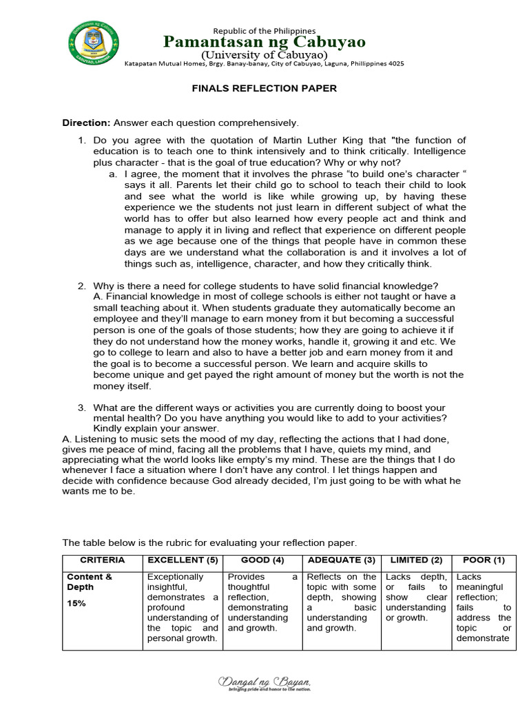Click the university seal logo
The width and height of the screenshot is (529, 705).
tap(93, 43)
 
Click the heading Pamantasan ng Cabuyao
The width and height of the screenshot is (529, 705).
tap(264, 42)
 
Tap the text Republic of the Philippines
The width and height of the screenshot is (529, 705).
tap(264, 30)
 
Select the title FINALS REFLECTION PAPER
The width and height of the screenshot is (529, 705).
tap(264, 89)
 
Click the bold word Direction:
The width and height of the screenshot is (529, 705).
tap(86, 123)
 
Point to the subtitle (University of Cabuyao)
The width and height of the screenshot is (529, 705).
tap(264, 54)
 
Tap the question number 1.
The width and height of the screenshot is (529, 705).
tap(81, 140)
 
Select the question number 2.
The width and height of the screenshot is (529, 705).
tap(81, 286)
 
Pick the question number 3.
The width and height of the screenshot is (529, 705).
tap(81, 408)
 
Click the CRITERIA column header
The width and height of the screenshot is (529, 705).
tap(103, 560)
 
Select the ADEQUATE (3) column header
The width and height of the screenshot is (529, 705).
tap(342, 560)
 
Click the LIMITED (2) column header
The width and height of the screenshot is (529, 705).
tap(416, 560)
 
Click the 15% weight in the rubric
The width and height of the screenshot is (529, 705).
tap(76, 603)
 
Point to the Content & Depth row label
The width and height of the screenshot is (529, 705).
tap(89, 582)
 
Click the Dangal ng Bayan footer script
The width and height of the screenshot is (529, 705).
tap(264, 682)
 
